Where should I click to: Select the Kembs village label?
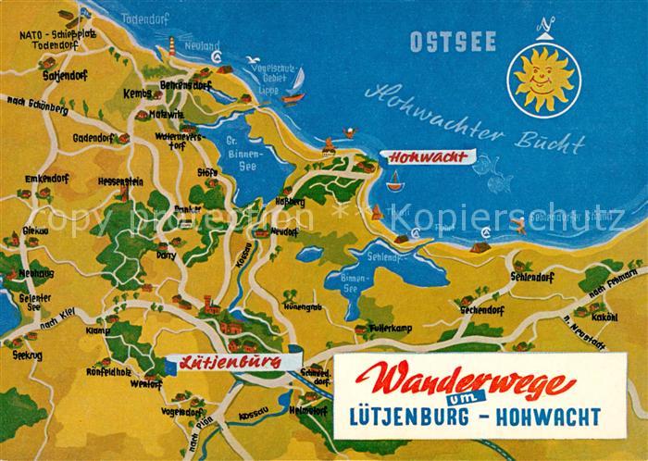coord(136,95)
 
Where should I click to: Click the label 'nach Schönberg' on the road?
coord(37,107)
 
